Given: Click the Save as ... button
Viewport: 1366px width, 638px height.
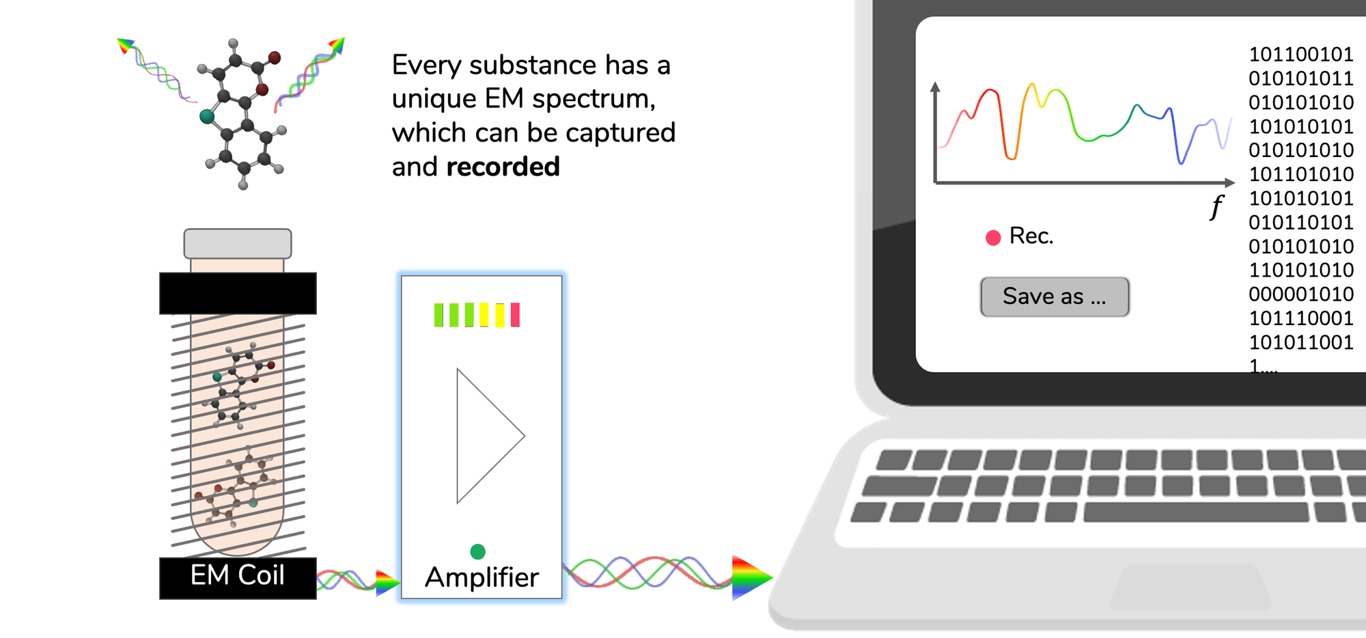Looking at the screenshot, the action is coord(1055,296).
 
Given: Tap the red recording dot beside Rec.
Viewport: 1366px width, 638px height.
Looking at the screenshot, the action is coord(993,237).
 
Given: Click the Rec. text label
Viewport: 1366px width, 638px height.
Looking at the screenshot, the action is coord(1031,236).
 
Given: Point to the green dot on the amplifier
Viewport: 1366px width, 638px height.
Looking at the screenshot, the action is coord(477,551).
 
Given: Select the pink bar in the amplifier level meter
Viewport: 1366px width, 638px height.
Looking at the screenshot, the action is coord(515,315).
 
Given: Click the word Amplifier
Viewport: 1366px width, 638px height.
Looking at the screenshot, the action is coord(482,578).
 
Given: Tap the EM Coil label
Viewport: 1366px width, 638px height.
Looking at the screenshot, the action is coord(237,575).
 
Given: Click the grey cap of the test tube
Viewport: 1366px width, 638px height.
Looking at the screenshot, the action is coord(238,243).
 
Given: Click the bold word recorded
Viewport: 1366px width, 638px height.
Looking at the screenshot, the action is coord(503,167).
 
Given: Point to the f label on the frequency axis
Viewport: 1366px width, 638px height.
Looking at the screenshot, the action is coord(1216,206).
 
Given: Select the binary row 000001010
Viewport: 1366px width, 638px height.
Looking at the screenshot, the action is coord(1301,294).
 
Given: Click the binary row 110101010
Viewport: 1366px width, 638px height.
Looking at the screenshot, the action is coord(1301,271).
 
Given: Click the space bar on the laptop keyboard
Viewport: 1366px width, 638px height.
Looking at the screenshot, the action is coord(1196,512).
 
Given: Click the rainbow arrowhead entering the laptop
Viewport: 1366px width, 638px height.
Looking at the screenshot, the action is coord(751,578).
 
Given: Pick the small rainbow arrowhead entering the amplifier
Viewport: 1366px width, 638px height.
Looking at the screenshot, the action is coord(387,583).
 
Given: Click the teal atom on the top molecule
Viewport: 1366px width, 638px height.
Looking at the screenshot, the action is coord(207,116).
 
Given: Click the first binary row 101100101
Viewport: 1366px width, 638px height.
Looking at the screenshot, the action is coord(1301,55).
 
